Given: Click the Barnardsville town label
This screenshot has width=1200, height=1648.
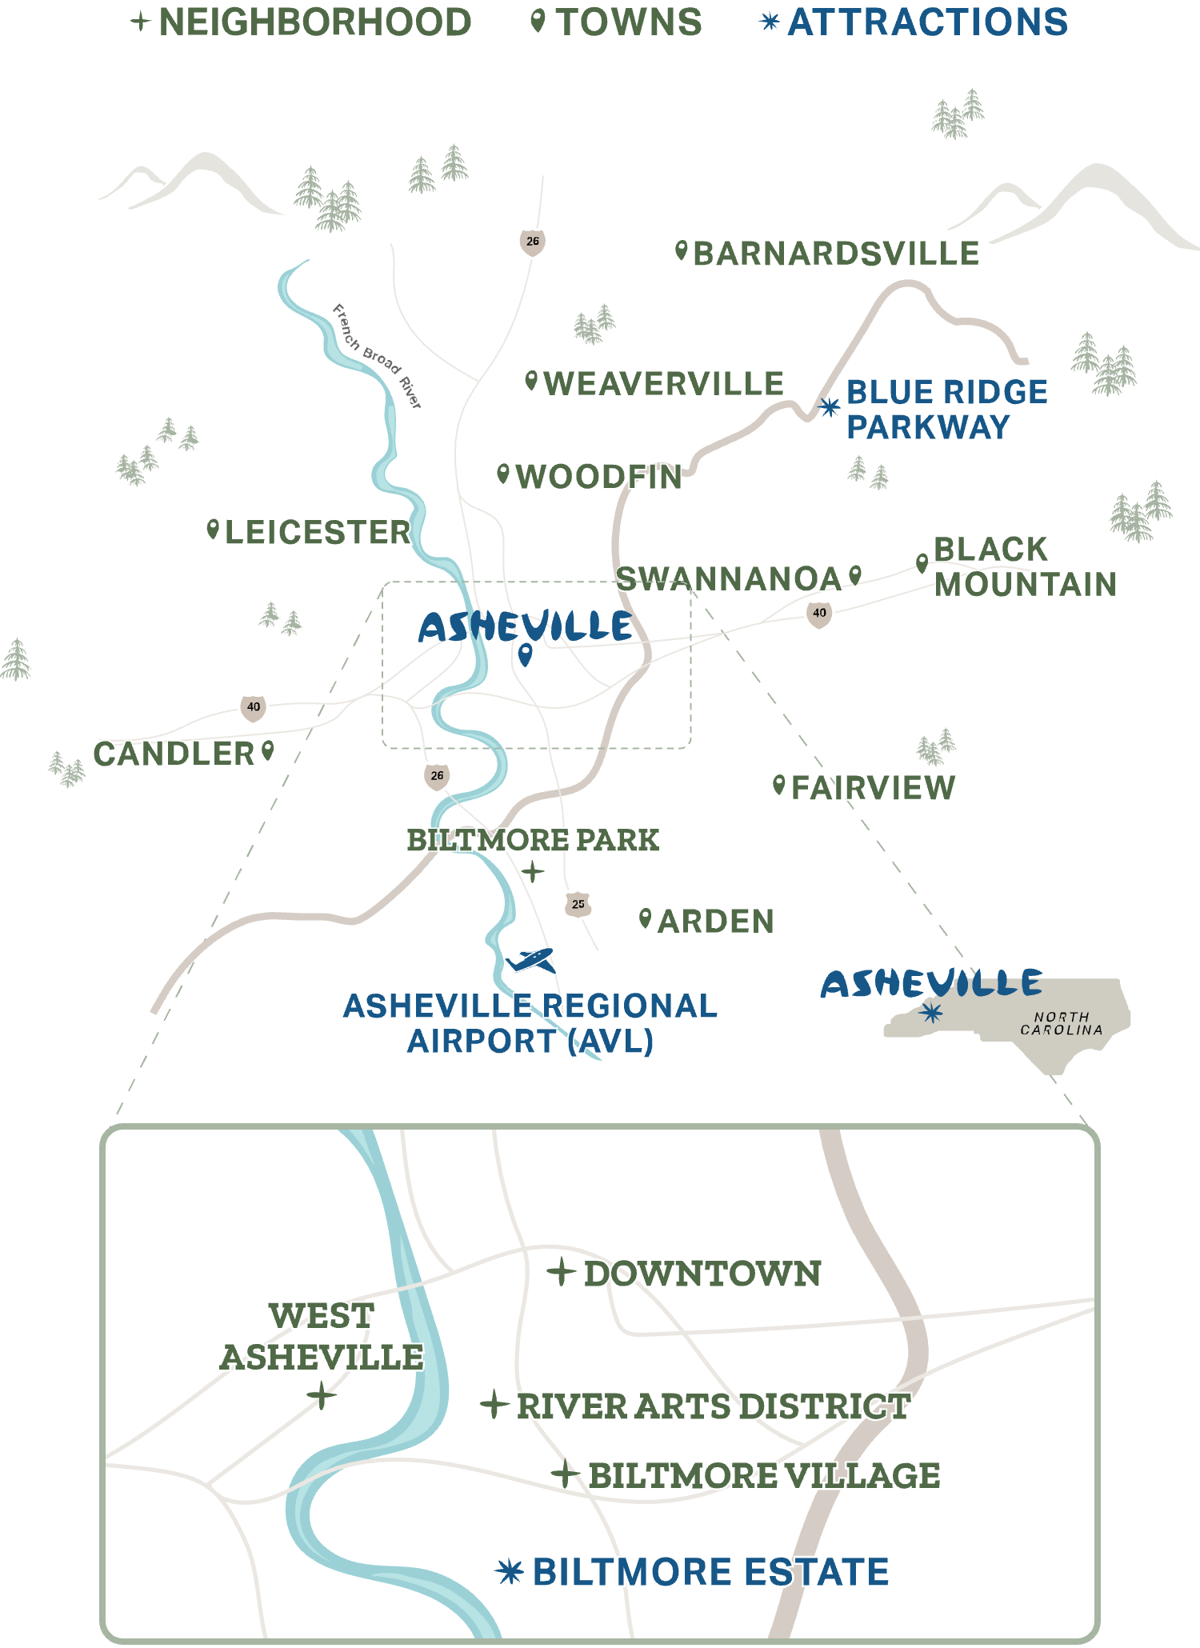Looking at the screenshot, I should (x=836, y=254).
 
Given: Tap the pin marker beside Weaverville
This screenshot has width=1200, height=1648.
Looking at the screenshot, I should (x=531, y=381).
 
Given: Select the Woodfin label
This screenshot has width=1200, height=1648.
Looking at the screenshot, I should (x=598, y=477).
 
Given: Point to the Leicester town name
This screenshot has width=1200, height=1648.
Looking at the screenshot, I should (x=318, y=532).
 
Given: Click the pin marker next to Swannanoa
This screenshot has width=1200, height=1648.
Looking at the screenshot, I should (x=855, y=574).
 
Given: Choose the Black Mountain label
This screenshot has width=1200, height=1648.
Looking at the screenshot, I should (x=1024, y=566).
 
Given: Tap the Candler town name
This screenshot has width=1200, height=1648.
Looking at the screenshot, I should (x=174, y=754).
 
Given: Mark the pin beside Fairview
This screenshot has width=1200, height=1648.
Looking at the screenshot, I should (x=778, y=785).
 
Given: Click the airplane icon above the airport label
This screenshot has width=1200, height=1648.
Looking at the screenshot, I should (x=530, y=959).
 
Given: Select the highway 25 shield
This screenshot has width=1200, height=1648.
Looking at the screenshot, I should (x=578, y=904).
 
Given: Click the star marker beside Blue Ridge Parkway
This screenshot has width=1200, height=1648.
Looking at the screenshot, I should (x=830, y=407).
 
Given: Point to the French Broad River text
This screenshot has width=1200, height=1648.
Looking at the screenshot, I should (x=377, y=356).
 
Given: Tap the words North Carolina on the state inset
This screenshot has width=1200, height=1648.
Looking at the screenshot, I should (x=1062, y=1023).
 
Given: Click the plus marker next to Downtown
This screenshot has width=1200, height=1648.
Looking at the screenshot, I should (x=562, y=1271).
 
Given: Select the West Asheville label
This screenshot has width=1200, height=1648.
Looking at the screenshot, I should (x=322, y=1337).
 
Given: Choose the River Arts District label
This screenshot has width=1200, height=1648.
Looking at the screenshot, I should (x=713, y=1406).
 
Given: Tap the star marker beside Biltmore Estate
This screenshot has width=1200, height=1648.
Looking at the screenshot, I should (x=510, y=1572).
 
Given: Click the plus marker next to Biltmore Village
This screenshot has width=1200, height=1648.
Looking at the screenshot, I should (x=566, y=1474).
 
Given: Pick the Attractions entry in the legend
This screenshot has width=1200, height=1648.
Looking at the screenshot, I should (x=927, y=22).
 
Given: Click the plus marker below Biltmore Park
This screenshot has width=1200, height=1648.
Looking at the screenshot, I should (x=532, y=872).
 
